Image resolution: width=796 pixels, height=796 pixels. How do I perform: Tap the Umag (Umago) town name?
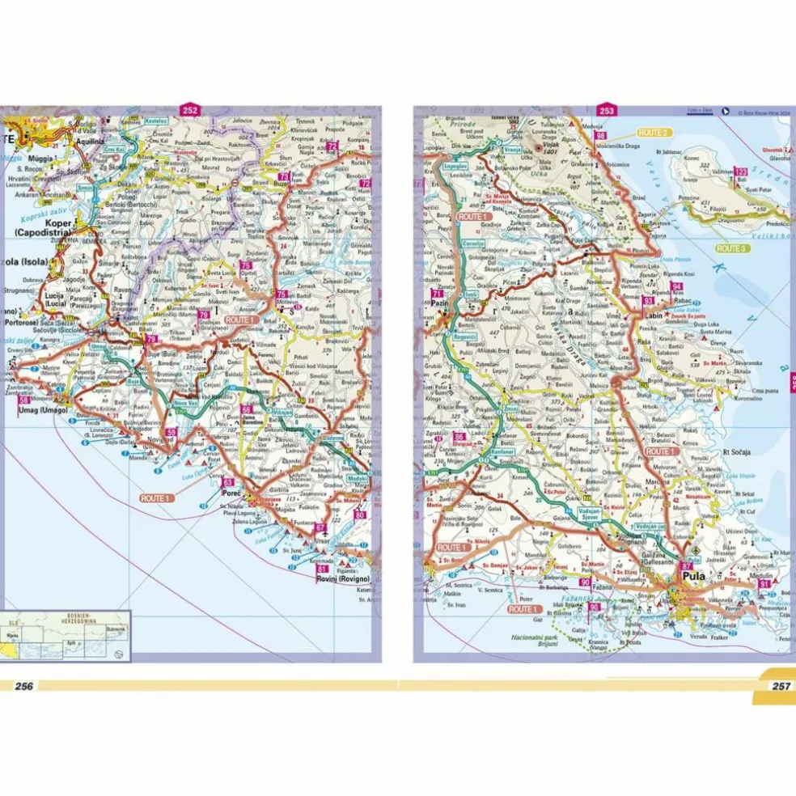tap(37, 410)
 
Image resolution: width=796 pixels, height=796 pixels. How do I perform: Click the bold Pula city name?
tap(694, 577)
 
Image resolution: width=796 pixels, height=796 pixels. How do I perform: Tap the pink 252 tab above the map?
tap(190, 111)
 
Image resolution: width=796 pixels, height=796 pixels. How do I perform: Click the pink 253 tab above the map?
tap(607, 111)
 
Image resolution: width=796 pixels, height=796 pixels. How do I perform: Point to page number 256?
tap(23, 686)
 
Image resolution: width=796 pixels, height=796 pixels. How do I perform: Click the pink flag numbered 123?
tap(739, 171)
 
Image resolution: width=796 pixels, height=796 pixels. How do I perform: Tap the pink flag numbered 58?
tap(24, 400)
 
